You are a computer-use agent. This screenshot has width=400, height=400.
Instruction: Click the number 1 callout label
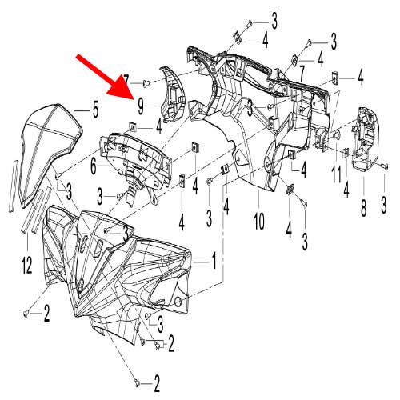tap(213, 262)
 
